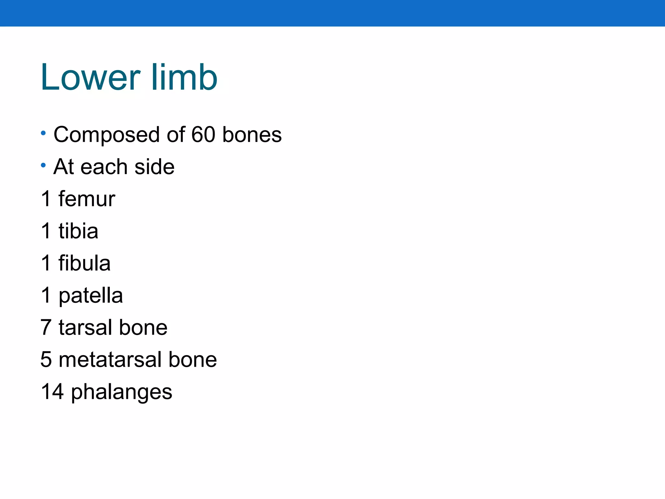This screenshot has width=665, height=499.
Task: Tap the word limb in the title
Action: [184, 77]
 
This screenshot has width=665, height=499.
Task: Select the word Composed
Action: [107, 135]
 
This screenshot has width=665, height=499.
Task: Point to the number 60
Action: [203, 134]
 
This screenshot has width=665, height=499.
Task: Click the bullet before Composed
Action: [44, 133]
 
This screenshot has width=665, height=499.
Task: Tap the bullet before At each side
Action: [44, 166]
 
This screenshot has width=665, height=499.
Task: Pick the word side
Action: [154, 167]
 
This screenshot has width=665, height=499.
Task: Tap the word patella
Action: [91, 296]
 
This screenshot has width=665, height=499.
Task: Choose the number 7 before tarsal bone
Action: [46, 327]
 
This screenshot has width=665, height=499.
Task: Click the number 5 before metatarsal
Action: [46, 359]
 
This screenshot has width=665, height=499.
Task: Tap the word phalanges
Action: [121, 392]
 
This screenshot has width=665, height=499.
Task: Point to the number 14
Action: [52, 391]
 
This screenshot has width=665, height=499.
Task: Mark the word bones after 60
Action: [252, 134]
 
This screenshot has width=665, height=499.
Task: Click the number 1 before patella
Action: [46, 295]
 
